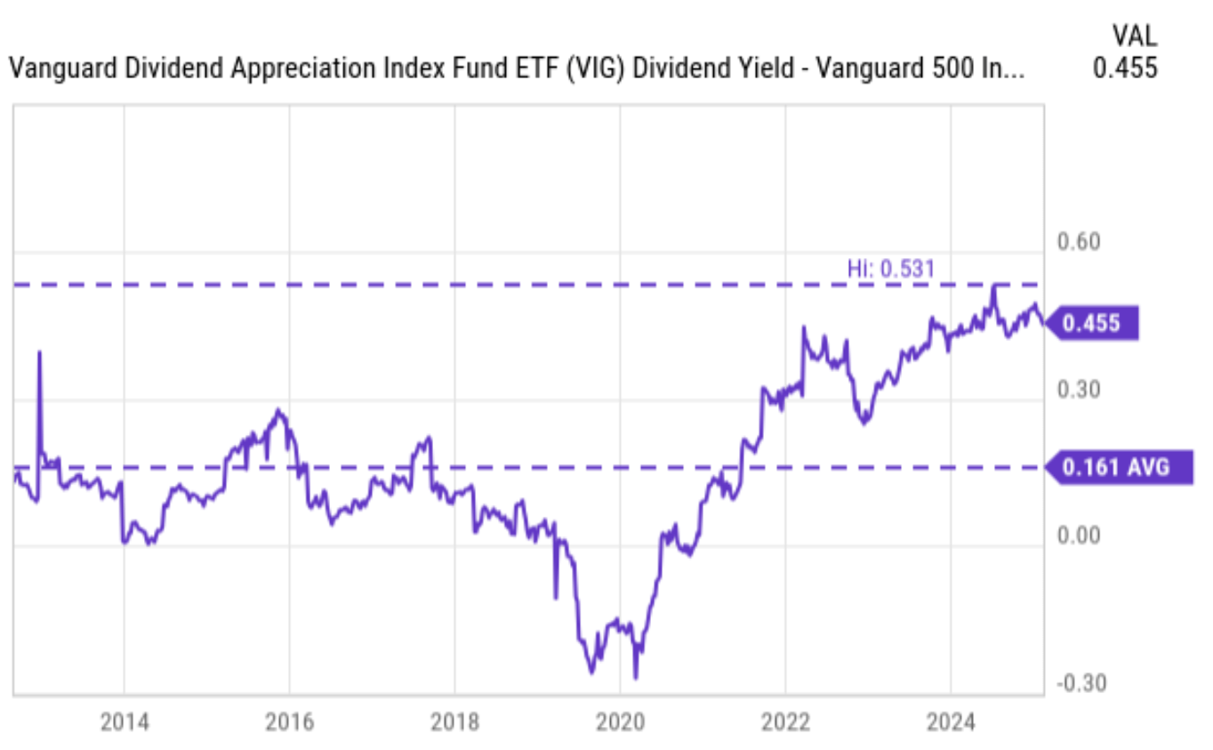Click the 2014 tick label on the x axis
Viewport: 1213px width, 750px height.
(x=124, y=722)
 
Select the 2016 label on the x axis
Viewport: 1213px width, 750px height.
(x=289, y=722)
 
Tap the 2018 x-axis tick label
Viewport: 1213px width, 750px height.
(x=454, y=722)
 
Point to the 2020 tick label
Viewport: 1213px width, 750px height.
(x=620, y=722)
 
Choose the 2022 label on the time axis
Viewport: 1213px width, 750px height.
(x=785, y=722)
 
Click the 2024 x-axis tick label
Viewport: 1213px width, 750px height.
(x=951, y=722)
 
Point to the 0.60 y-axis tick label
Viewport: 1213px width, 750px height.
(x=1076, y=243)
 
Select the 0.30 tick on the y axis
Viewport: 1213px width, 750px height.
(x=1076, y=390)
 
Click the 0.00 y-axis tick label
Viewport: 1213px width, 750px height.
(x=1076, y=536)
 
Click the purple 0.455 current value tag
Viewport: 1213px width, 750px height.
(x=1092, y=324)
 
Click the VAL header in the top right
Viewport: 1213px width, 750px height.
(x=1134, y=36)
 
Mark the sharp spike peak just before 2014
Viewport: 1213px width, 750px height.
(x=39, y=352)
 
